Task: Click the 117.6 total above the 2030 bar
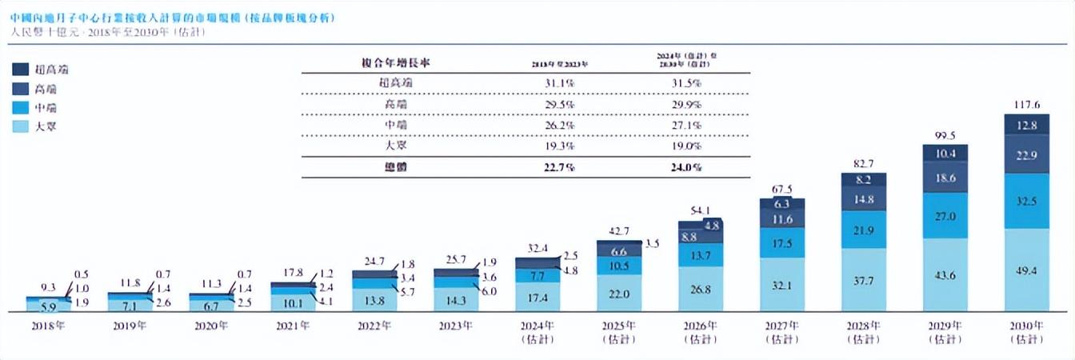coord(1026,104)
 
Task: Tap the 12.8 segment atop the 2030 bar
coord(1026,125)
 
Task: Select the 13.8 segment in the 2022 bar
coord(374,299)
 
